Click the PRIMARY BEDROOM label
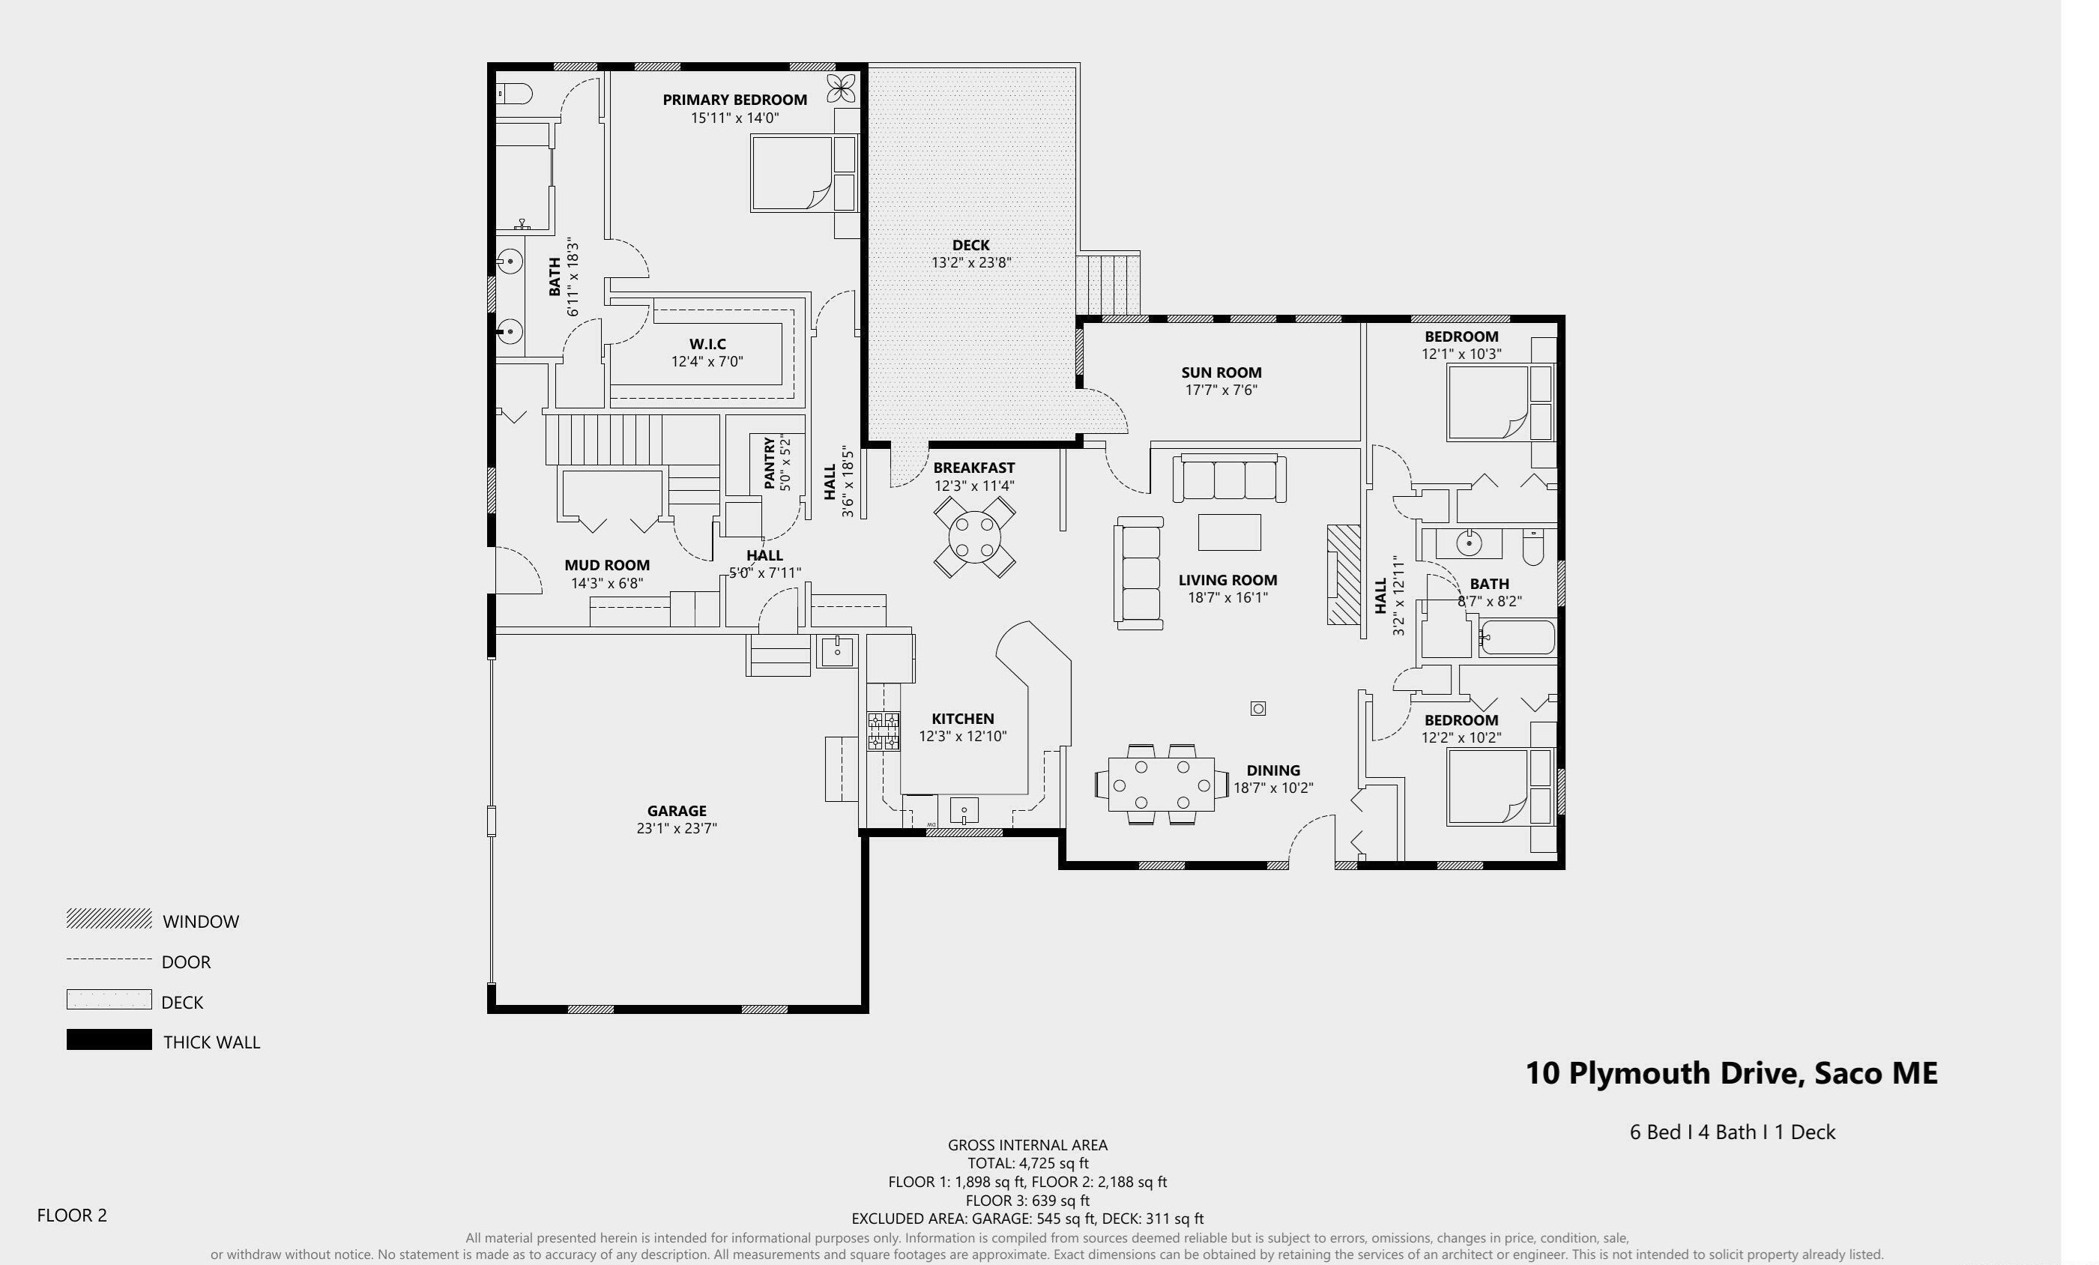[x=734, y=100]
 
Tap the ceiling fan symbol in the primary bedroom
[x=841, y=88]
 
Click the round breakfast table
[x=974, y=537]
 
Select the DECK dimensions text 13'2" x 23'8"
[x=970, y=263]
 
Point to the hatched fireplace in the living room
[x=1344, y=575]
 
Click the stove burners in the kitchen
[x=883, y=731]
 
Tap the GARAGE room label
[x=677, y=811]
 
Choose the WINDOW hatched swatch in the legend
[x=109, y=918]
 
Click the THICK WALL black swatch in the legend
[x=109, y=1039]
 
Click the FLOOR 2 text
[x=71, y=1216]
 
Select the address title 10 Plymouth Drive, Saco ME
[x=1731, y=1073]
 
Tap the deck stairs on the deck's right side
[x=1108, y=284]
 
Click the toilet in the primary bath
[x=515, y=93]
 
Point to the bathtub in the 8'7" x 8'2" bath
[x=1517, y=637]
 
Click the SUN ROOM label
[x=1221, y=372]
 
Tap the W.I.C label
[x=707, y=344]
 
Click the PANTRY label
[x=770, y=463]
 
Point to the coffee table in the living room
[x=1229, y=532]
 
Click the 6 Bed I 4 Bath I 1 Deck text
[x=1732, y=1132]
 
